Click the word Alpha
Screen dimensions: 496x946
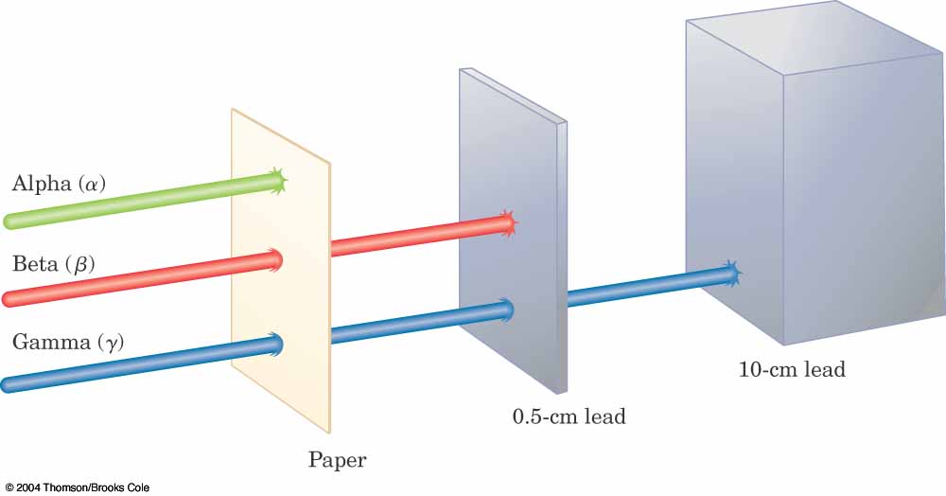point(40,184)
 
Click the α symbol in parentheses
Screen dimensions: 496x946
point(91,185)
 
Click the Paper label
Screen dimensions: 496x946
point(337,461)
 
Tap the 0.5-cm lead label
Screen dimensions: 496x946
point(569,416)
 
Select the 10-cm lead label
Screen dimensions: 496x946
point(791,369)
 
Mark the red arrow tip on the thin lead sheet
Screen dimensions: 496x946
point(509,222)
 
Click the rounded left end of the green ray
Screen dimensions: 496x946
point(10,222)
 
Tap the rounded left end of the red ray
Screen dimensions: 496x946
point(10,300)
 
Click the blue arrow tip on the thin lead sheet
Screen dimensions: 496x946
point(507,308)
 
